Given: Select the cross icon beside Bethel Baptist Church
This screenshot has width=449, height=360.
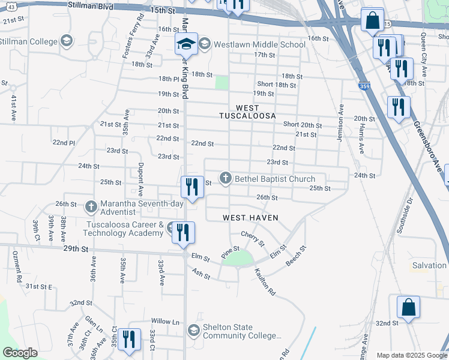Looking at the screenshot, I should [226, 178].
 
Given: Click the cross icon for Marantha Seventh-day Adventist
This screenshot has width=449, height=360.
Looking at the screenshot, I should [91, 208].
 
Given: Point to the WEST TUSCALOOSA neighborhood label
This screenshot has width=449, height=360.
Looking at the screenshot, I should [247, 111].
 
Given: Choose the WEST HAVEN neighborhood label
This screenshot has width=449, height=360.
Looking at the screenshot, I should [250, 217].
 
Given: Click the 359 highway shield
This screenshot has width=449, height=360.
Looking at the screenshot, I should [364, 86].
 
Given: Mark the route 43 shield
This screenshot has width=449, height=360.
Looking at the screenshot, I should [12, 5].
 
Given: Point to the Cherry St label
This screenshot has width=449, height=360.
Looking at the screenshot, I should [253, 238].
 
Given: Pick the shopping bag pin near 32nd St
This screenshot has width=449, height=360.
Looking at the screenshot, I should [408, 307].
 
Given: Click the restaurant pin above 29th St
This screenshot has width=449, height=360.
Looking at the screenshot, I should [184, 232].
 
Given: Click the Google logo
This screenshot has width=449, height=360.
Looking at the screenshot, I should [20, 353].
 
